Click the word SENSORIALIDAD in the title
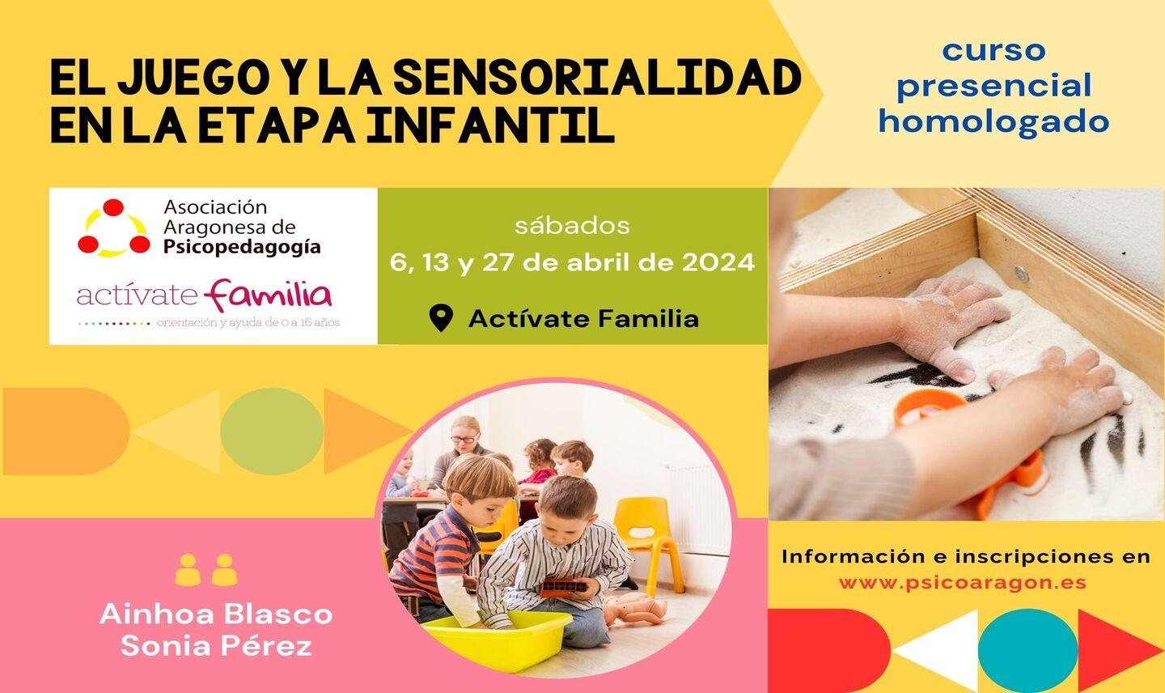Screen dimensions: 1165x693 point(596,77)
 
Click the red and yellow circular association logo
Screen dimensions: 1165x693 point(114,227)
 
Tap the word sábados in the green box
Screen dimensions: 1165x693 point(572,226)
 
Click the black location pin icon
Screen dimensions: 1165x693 point(441,318)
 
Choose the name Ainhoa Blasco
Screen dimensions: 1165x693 point(216,614)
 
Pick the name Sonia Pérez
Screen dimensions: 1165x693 point(216,646)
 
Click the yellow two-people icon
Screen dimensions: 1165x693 point(206,570)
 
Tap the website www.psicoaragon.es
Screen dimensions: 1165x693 point(963,583)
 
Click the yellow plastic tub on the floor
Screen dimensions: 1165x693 point(499,639)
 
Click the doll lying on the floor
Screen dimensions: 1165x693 point(634,609)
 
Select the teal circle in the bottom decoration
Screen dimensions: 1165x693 point(1027,650)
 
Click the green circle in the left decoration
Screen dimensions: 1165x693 point(272,432)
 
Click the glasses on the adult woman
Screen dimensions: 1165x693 point(464,440)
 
